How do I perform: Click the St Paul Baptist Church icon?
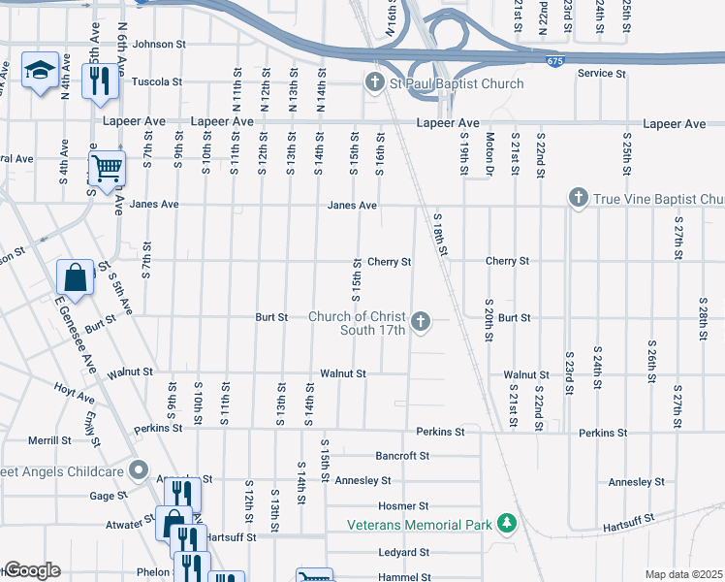click(x=375, y=83)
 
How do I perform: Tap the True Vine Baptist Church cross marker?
click(x=579, y=199)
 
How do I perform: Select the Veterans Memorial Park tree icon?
click(x=505, y=525)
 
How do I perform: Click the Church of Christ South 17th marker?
click(x=421, y=321)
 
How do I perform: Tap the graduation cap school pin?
click(x=40, y=71)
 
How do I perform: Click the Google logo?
click(x=31, y=570)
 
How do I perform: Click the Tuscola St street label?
click(x=157, y=82)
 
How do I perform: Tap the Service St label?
click(x=601, y=74)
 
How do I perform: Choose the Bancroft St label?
click(x=401, y=455)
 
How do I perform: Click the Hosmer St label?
click(x=402, y=506)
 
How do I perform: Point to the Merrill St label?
click(x=50, y=440)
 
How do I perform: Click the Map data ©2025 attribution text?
click(x=682, y=574)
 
